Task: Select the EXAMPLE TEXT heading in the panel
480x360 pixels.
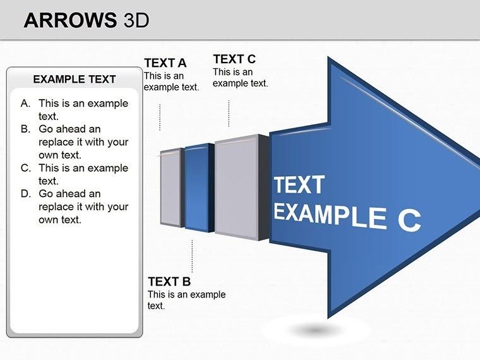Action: [75, 79]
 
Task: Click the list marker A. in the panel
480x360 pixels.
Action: [25, 103]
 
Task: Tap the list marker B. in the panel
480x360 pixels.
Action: [25, 129]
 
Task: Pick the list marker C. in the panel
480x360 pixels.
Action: [25, 168]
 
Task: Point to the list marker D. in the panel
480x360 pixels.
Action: [25, 194]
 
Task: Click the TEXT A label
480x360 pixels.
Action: [165, 63]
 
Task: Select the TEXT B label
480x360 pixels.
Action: [169, 282]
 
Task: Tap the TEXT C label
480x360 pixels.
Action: [234, 59]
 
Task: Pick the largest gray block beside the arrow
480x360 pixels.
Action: [237, 186]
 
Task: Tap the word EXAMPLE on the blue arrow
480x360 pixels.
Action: [328, 215]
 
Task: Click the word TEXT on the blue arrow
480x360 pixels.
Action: [299, 185]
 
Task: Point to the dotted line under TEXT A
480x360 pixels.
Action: [160, 117]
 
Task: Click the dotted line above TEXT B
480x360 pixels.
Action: [192, 256]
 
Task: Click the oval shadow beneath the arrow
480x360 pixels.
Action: [316, 330]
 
